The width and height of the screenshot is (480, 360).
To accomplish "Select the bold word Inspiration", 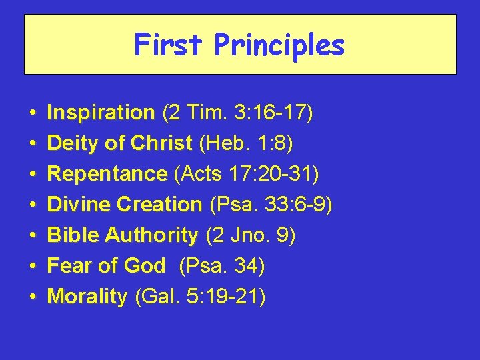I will [x=101, y=113].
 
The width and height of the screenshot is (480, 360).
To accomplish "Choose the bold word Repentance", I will [x=107, y=174].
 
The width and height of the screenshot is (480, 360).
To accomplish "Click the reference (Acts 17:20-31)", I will [x=246, y=174].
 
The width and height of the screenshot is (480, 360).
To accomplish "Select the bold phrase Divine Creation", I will [x=125, y=205].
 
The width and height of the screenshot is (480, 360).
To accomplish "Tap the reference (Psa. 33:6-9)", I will [x=270, y=205].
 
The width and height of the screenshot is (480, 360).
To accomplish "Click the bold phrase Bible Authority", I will [x=123, y=235].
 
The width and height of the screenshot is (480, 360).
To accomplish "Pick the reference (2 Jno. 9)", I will [x=250, y=235].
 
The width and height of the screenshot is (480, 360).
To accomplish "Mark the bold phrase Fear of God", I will [x=106, y=266].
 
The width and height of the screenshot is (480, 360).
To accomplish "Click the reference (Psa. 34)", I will [x=222, y=266].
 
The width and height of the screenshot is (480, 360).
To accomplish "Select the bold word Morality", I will [x=87, y=297].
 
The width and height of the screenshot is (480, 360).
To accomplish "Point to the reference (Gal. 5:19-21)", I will [x=200, y=297].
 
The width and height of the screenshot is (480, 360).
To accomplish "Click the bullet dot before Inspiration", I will [x=32, y=114].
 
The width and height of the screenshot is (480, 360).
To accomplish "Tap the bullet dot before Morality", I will [x=32, y=297].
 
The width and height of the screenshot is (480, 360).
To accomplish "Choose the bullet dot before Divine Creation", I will [x=32, y=205].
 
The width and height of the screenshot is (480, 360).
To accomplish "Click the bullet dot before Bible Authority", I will [x=32, y=236].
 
